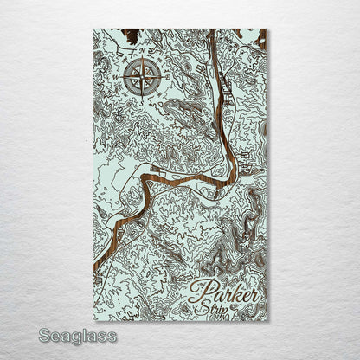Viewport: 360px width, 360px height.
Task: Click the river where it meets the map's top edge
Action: pyautogui.click(x=211, y=32)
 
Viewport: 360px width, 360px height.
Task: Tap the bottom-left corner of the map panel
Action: pyautogui.click(x=94, y=320)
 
